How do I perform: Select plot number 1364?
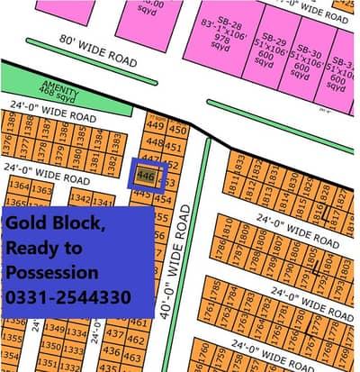pyautogui.click(x=17, y=186)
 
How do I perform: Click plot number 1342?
pyautogui.click(x=81, y=198)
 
